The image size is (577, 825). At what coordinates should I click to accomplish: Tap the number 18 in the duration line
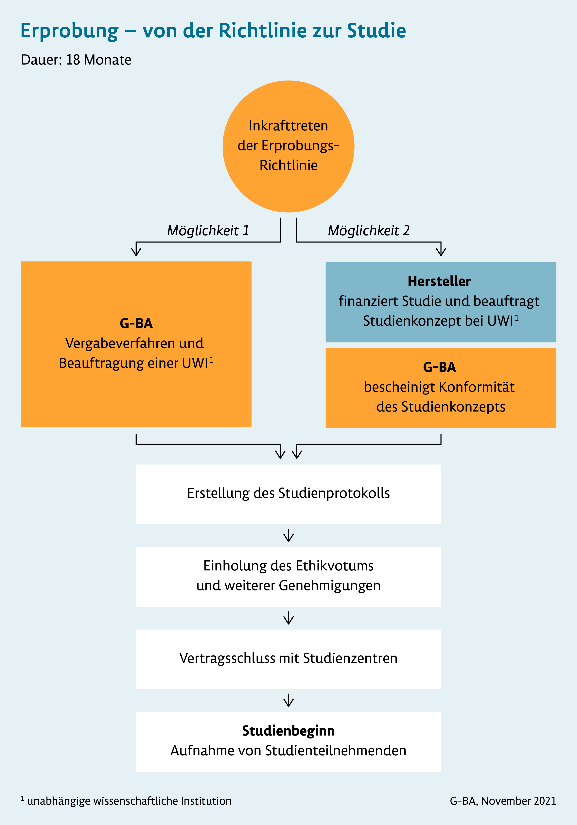point(73,60)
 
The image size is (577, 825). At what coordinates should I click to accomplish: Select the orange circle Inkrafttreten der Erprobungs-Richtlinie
point(288,146)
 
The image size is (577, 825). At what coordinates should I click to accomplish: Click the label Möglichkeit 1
point(208,230)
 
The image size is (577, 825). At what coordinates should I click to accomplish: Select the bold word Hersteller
point(439,281)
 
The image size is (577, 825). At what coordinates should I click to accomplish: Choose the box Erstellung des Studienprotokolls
point(288,494)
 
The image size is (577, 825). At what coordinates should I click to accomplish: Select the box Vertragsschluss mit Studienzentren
point(288,659)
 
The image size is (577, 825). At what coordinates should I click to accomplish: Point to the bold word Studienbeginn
point(288,731)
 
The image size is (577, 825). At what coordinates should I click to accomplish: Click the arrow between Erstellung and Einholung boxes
point(288,535)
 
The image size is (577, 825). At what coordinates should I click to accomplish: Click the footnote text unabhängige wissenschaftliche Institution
point(129,801)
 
